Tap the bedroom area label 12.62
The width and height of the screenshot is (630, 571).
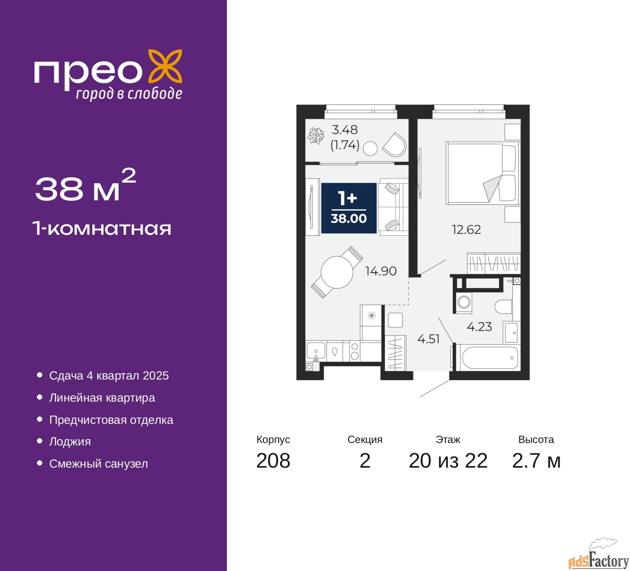(x=466, y=229)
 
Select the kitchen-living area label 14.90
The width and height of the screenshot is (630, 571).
(x=380, y=271)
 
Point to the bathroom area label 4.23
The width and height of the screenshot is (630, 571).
(x=479, y=327)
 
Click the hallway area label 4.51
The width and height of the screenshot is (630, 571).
(x=428, y=339)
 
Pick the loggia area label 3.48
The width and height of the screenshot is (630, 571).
(x=345, y=130)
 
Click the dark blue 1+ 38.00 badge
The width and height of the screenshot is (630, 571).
(x=348, y=208)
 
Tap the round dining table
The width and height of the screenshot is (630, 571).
(x=337, y=272)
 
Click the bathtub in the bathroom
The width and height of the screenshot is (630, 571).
(x=488, y=358)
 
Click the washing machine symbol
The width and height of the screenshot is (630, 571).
(x=464, y=302)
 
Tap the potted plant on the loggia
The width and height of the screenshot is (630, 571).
(x=315, y=135)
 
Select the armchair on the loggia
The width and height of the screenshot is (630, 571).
(x=395, y=144)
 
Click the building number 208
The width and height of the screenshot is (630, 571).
(x=273, y=461)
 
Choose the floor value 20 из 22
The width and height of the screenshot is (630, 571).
(x=448, y=461)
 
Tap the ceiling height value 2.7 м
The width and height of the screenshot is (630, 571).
(x=536, y=461)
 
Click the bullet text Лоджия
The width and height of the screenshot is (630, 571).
(x=70, y=442)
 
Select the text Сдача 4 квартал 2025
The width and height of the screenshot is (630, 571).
(x=109, y=376)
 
